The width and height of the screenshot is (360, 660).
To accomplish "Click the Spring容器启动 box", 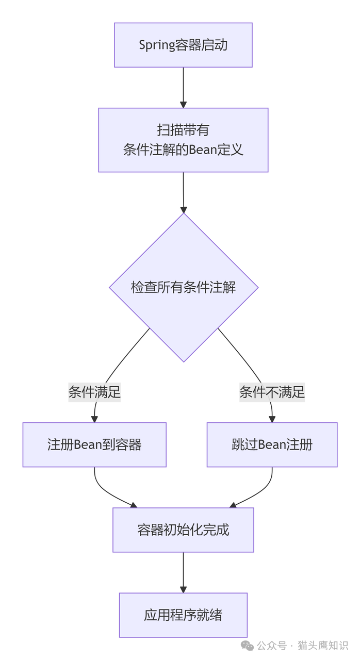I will click(183, 45).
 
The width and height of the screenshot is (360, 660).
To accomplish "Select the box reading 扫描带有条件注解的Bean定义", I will click(183, 140).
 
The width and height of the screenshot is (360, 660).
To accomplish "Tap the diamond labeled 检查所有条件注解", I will click(184, 287).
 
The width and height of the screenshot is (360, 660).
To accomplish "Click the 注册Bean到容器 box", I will click(94, 444).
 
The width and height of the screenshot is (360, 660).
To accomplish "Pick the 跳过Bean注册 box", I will click(272, 444).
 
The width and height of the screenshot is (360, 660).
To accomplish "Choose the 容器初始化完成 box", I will click(183, 530).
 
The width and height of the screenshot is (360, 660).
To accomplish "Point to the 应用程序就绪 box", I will click(183, 615).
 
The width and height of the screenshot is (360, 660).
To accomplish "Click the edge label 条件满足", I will click(94, 392).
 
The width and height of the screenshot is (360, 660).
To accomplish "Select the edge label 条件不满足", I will click(272, 392).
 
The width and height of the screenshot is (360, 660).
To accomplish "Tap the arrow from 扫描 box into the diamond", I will click(183, 192).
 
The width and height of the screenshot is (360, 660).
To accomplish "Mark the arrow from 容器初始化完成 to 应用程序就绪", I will click(183, 572).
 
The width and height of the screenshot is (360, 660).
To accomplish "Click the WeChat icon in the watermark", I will click(248, 646).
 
